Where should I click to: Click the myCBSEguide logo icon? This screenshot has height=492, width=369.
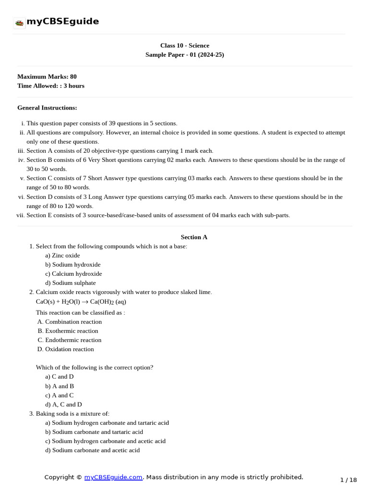click(x=19, y=23)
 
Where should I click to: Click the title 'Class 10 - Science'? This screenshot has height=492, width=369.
click(x=184, y=46)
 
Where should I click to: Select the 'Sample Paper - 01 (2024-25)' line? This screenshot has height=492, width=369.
click(x=184, y=55)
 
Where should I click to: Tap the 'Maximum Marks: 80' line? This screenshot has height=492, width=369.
click(x=47, y=76)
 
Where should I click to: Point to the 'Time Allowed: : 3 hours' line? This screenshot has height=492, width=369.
click(x=50, y=86)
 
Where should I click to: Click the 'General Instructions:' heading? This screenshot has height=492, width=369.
click(x=47, y=108)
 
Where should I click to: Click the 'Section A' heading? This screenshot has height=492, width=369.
click(x=194, y=237)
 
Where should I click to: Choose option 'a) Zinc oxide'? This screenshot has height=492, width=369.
click(x=62, y=256)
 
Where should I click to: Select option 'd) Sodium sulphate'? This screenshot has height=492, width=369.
click(x=70, y=283)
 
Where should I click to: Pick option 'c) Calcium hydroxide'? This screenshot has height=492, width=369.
click(x=74, y=274)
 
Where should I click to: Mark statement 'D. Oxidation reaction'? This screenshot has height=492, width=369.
click(x=66, y=349)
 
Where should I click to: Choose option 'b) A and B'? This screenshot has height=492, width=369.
click(x=60, y=386)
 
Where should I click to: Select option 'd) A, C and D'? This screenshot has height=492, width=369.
click(x=63, y=405)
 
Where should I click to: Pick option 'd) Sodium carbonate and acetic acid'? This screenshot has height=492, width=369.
click(x=92, y=450)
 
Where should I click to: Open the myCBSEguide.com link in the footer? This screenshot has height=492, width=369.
click(x=113, y=477)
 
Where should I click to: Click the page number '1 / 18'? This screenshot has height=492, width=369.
click(x=348, y=480)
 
